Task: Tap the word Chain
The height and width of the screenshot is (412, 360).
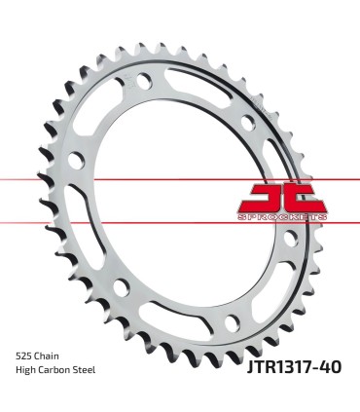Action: [x=54, y=356]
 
